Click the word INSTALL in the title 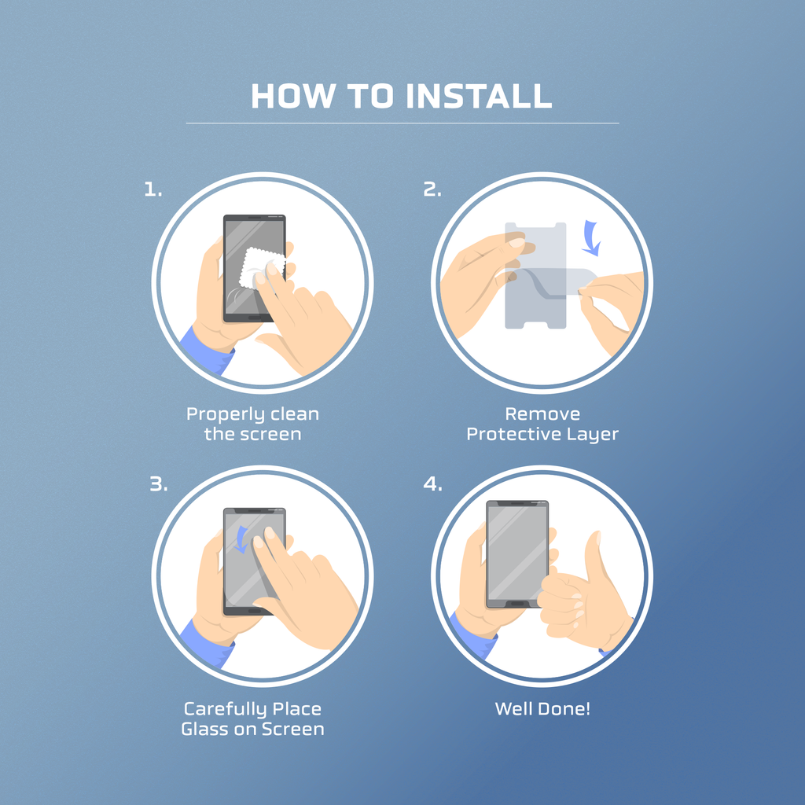[479, 96]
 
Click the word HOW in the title [292, 96]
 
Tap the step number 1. [153, 190]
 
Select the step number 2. [432, 190]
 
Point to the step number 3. [159, 484]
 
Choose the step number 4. [433, 484]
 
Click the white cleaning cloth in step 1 [263, 268]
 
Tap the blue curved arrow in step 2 [592, 237]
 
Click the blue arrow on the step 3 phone [241, 539]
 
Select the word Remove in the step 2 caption [542, 414]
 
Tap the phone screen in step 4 [517, 553]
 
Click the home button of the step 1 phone [255, 318]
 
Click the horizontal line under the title [402, 123]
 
